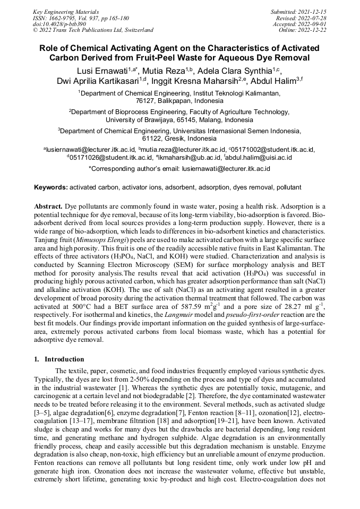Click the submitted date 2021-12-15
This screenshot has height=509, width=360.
pyautogui.click(x=312, y=11)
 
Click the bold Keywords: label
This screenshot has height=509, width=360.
pyautogui.click(x=51, y=187)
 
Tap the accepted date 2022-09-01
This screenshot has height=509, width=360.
pyautogui.click(x=312, y=24)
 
